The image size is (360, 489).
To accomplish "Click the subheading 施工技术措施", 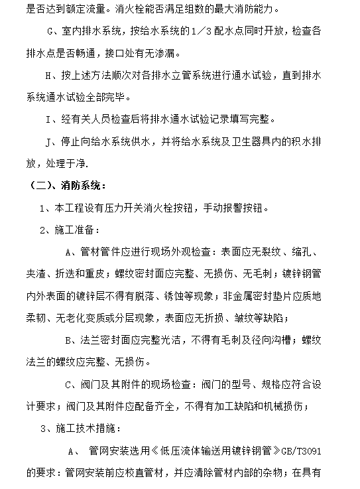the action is (x=89, y=428).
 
